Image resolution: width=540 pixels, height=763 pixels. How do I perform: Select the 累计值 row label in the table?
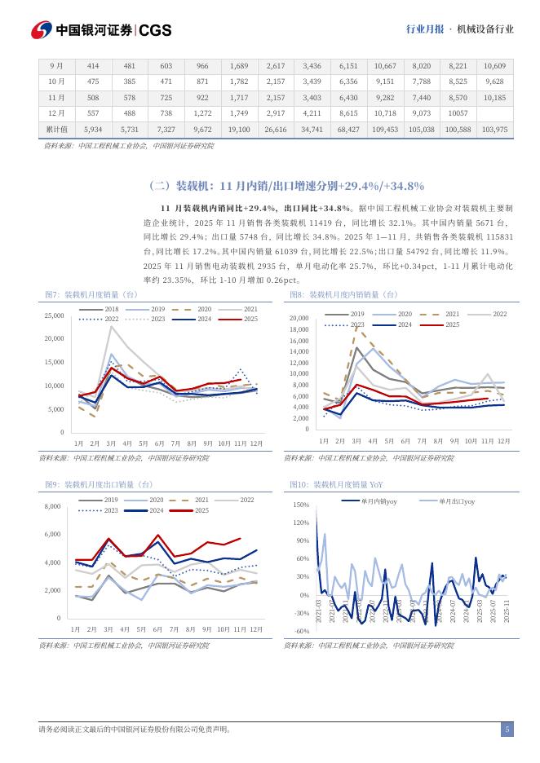pyautogui.click(x=56, y=129)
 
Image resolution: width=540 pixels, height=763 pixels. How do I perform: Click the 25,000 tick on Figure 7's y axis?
pyautogui.click(x=54, y=315)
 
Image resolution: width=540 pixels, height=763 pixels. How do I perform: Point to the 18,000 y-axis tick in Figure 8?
pyautogui.click(x=299, y=329)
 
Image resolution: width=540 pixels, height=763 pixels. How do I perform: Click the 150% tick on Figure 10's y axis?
pyautogui.click(x=301, y=505)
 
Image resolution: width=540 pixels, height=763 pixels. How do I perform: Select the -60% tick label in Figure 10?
pyautogui.click(x=301, y=631)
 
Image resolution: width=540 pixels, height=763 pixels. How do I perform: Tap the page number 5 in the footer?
pyautogui.click(x=507, y=730)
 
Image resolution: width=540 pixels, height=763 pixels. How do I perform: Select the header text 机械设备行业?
pyautogui.click(x=485, y=29)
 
